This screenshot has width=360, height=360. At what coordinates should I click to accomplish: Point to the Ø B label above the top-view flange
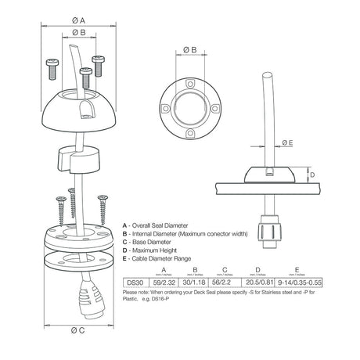[189, 50]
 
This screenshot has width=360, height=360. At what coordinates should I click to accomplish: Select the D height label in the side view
[311, 176]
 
